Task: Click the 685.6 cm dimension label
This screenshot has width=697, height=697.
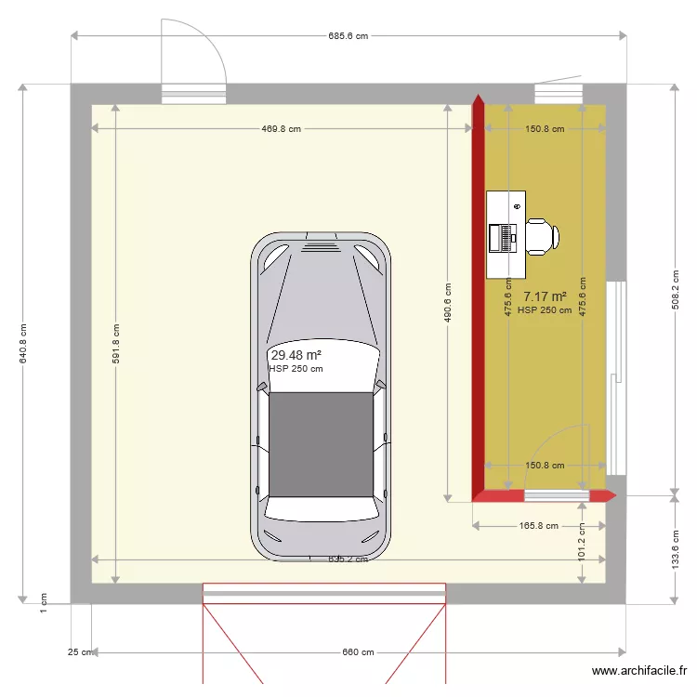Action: point(348,36)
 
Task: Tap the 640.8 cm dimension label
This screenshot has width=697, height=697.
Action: point(23,344)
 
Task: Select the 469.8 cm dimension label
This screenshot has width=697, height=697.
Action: point(281,129)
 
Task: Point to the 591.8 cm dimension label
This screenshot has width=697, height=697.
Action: point(116,344)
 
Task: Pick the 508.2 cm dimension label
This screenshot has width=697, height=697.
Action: point(675,289)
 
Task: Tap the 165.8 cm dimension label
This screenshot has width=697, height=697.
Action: point(539,526)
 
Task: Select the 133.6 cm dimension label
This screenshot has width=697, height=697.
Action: point(675,548)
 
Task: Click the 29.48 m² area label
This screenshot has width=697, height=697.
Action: point(296,355)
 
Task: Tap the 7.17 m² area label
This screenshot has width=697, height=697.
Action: point(545,297)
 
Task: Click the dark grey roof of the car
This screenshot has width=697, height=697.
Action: point(321,444)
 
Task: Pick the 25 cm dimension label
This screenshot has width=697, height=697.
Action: point(80,652)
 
